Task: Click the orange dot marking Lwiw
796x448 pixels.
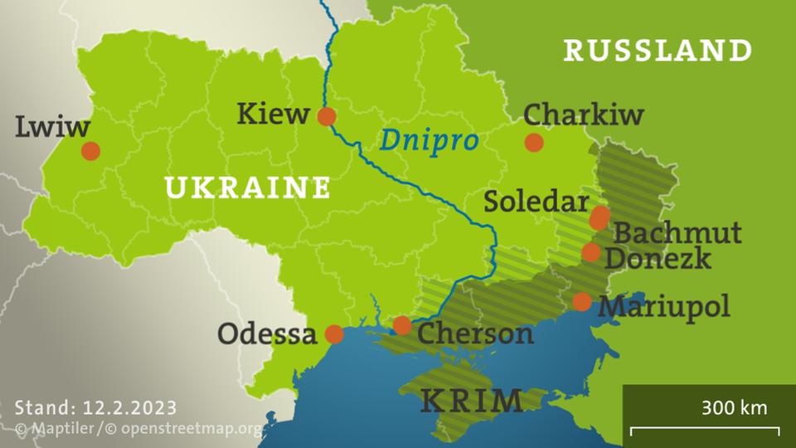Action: pos(90,151)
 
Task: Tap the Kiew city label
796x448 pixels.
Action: pos(273,114)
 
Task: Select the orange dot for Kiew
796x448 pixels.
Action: pos(327,116)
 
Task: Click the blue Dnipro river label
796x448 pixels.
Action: pos(429,140)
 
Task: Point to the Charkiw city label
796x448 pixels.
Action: pos(583,114)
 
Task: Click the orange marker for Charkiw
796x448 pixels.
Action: pos(534,142)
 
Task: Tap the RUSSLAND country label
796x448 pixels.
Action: pos(658,51)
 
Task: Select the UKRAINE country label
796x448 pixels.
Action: pos(248,187)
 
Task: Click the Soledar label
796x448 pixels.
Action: pos(536,201)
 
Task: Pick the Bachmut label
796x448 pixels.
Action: pos(677,232)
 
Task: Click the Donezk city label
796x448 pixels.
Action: pos(658,258)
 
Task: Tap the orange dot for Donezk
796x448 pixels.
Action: pos(590,252)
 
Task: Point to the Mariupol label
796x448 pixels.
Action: pos(664,306)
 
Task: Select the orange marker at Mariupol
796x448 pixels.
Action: pos(582,301)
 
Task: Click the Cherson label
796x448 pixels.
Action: pos(475,334)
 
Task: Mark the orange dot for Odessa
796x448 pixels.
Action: pos(334,334)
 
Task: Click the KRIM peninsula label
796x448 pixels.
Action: pos(472,401)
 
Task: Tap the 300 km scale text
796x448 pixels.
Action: pos(734,407)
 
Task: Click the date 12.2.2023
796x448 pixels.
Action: pos(130,407)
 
